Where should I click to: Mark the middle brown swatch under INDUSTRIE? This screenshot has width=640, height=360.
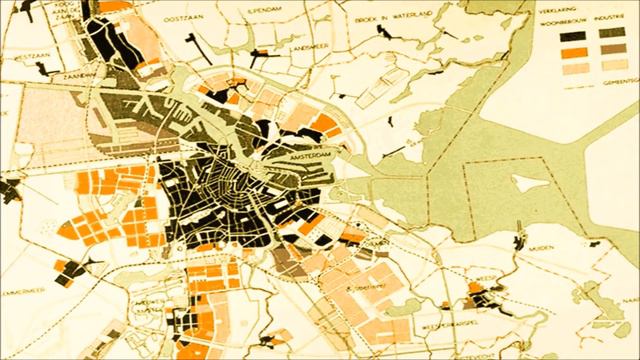tap(609, 52)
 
